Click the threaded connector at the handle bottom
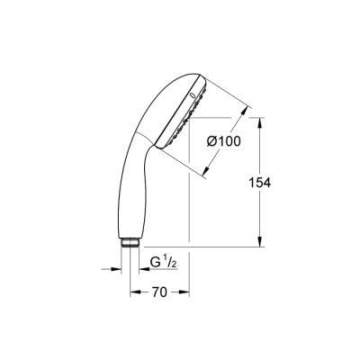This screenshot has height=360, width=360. (130, 242)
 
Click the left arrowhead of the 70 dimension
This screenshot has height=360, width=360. (133, 292)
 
